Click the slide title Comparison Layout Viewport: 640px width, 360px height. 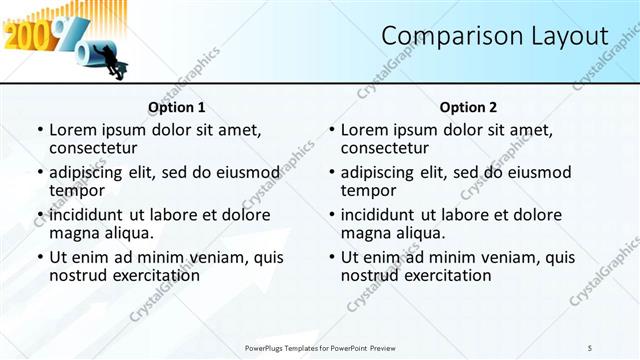[x=495, y=37]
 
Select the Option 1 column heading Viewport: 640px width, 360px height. [x=177, y=107]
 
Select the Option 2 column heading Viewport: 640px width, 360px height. [x=468, y=107]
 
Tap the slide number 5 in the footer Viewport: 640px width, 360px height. [x=590, y=347]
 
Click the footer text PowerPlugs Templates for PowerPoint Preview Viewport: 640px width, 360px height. [x=321, y=347]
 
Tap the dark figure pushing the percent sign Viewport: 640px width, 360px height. [x=118, y=68]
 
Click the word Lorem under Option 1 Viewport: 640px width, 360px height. [x=75, y=129]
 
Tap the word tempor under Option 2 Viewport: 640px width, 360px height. [x=368, y=190]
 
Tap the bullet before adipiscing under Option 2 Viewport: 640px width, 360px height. [x=331, y=172]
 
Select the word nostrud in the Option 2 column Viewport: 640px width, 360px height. [x=372, y=275]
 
